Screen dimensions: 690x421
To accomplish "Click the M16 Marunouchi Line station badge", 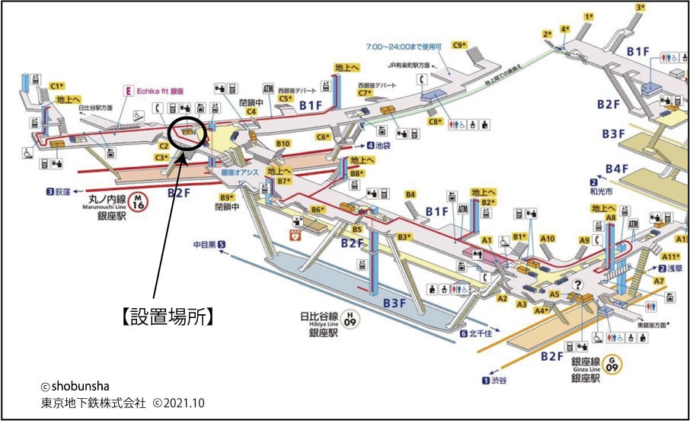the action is [138, 201].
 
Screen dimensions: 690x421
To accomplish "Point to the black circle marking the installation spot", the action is [187, 133].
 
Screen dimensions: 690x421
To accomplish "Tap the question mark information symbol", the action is [578, 284].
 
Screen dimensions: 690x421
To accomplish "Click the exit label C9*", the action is [458, 45].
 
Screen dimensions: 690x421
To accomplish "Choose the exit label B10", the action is [283, 143].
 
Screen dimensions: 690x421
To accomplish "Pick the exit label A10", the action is [547, 239].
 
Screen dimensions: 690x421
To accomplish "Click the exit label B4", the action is [410, 194].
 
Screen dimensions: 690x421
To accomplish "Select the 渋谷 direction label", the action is [496, 380].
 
